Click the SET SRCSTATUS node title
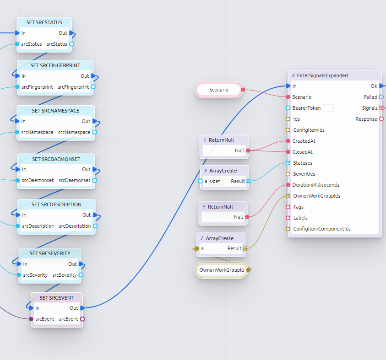point(44,22)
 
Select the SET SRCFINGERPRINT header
point(55,65)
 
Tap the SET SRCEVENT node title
point(56,298)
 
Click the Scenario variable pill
point(219,90)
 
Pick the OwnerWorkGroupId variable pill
point(222,270)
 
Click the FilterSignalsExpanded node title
point(322,75)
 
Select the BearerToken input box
point(327,108)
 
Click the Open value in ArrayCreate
point(215,181)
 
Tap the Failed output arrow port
point(381,97)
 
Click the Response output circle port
point(381,119)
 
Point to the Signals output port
point(381,108)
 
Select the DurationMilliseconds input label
point(315,185)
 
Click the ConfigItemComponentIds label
point(322,229)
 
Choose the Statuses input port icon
point(288,163)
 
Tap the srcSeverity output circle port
point(81,275)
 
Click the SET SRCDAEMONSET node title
point(56,159)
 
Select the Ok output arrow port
point(381,86)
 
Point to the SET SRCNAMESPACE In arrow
point(17,121)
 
